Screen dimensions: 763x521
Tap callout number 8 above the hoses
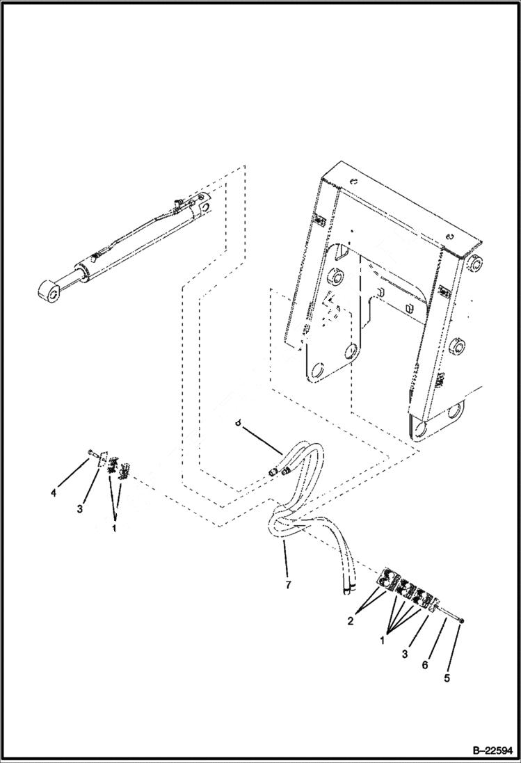[239, 422]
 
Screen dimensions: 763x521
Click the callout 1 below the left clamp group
[113, 527]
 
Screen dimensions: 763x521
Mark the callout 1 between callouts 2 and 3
[382, 639]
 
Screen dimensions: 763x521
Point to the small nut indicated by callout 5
[460, 621]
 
